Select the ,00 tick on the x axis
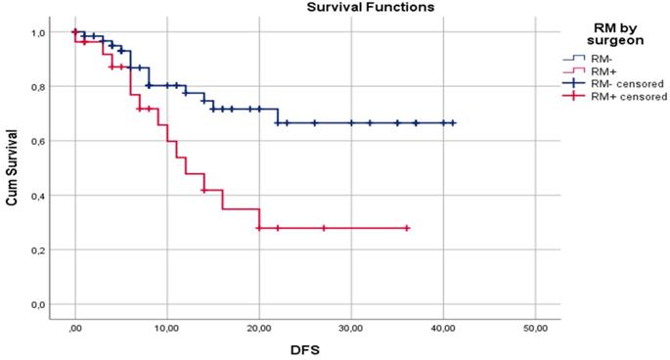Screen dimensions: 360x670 click(75, 328)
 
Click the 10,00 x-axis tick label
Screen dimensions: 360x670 click(167, 328)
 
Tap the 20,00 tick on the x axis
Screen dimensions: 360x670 click(259, 328)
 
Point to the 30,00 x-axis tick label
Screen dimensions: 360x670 click(351, 328)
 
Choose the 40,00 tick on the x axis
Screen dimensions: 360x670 click(443, 328)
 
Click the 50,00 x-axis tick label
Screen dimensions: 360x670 click(535, 328)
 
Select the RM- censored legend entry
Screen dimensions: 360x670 click(625, 84)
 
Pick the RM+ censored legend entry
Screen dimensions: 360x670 click(625, 97)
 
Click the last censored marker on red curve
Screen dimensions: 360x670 click(406, 228)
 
